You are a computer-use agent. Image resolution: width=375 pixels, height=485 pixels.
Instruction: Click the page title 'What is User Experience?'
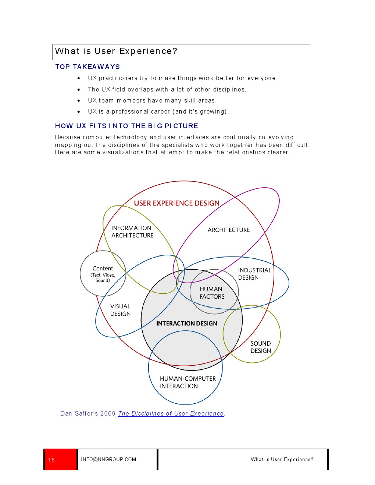coord(116,51)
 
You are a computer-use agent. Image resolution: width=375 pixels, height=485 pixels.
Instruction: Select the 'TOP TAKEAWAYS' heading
coord(87,67)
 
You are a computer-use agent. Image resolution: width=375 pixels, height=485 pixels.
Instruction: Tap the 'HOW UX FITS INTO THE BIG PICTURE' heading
coord(126,126)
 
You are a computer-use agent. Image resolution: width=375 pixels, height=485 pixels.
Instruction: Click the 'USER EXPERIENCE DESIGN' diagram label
coord(176,203)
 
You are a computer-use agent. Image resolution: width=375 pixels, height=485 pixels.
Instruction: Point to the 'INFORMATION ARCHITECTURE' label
coord(132,232)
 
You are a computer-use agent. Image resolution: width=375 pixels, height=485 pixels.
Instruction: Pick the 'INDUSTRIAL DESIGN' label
coord(254,274)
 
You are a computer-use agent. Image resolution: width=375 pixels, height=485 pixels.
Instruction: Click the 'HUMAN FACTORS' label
coord(212,293)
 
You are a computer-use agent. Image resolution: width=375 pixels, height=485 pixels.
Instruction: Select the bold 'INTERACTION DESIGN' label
coord(186,323)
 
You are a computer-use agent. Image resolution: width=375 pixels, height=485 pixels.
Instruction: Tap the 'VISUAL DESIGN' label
coord(120,310)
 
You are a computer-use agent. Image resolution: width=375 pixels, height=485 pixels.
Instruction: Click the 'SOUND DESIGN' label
coord(260,347)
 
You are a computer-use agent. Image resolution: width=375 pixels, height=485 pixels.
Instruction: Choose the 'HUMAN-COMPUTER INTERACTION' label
coord(187,382)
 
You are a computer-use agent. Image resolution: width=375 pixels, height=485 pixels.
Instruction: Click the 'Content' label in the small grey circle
coord(103,269)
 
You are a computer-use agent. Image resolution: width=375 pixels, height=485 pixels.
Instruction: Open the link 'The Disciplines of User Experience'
coord(171,414)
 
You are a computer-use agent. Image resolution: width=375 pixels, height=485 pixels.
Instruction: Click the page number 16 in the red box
coord(51,460)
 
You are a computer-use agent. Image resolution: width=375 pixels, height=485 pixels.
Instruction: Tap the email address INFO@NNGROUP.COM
coord(108,460)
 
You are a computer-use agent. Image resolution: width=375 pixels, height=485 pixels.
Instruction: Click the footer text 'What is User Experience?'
coord(282,460)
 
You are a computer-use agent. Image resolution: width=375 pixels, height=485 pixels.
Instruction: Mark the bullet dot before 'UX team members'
coord(79,101)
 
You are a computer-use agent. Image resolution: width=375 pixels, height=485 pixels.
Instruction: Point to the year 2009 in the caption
coord(108,414)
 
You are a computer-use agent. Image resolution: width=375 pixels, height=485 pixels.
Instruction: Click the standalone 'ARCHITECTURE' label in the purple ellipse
coord(229,230)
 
